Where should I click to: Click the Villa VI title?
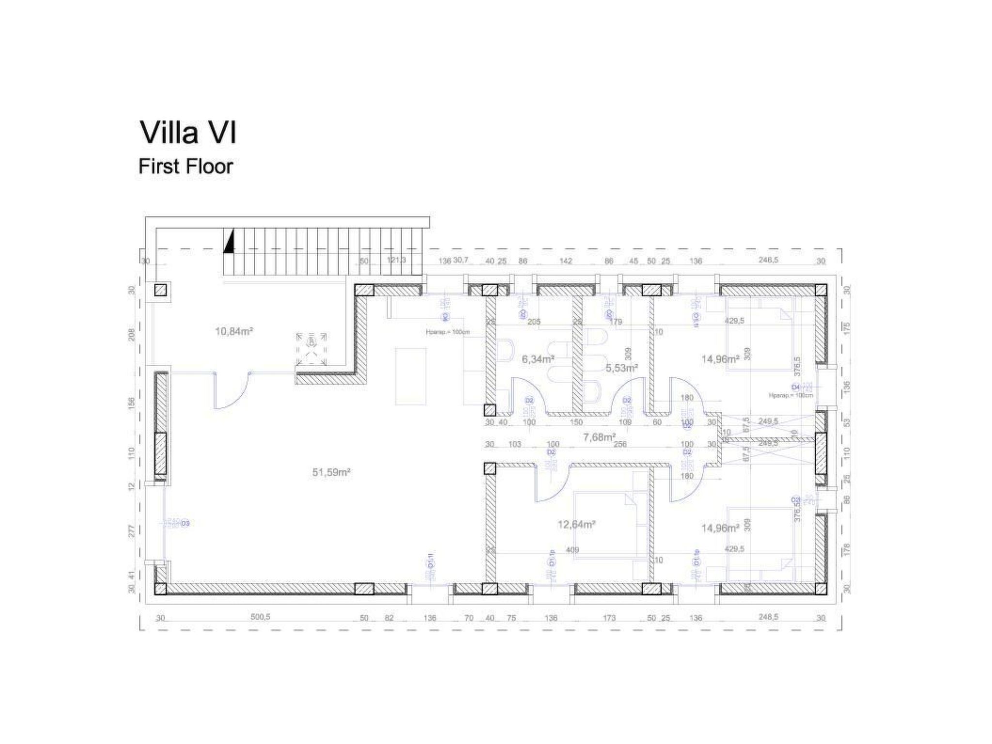(188, 133)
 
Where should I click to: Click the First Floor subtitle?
(186, 166)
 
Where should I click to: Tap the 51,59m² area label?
(331, 472)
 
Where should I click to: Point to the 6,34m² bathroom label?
(538, 359)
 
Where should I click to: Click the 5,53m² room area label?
(621, 368)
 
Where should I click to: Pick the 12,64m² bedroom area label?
(576, 524)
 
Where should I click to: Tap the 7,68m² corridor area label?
(599, 437)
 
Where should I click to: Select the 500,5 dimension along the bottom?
(260, 618)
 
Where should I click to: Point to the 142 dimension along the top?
(565, 261)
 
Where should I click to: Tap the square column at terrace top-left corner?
(160, 290)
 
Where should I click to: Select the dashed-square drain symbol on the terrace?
(311, 349)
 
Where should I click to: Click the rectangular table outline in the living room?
(410, 376)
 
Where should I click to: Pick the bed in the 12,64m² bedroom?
(609, 526)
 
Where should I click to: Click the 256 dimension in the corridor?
(620, 444)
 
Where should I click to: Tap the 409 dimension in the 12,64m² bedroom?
(573, 550)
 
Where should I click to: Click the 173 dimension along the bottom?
(609, 618)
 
